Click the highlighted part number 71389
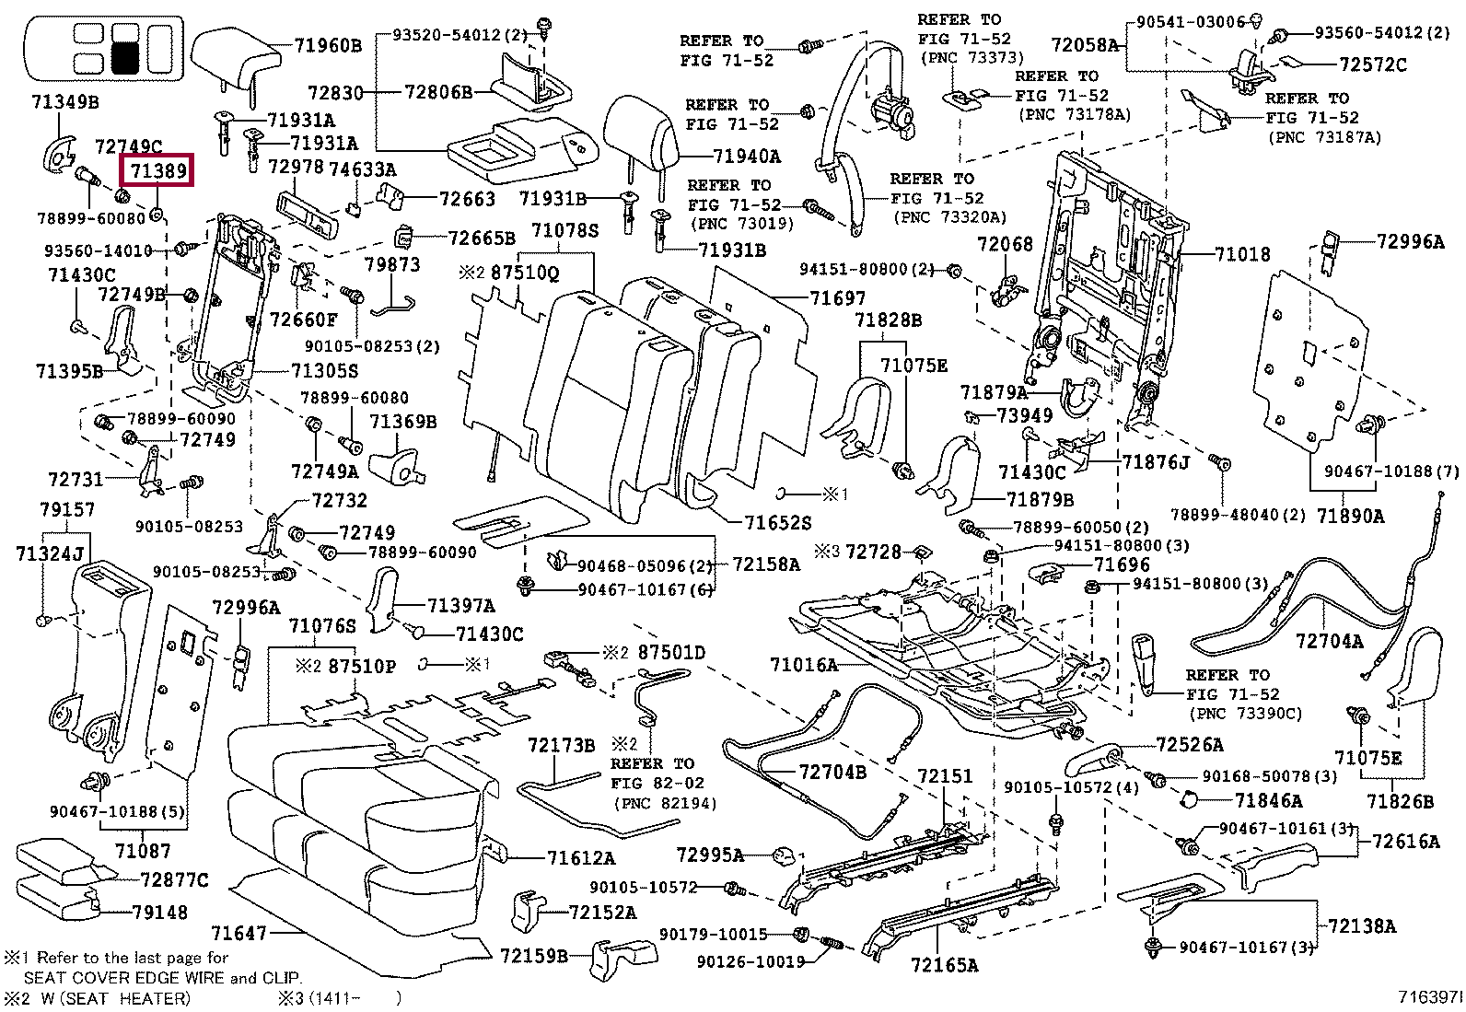[x=158, y=170]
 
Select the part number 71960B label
[x=328, y=45]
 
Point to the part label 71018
[x=1242, y=254]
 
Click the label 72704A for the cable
[x=1329, y=640]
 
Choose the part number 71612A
[x=581, y=858]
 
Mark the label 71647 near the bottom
[x=239, y=933]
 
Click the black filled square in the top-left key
[x=125, y=57]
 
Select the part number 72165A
[x=944, y=964]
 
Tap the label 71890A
[x=1350, y=516]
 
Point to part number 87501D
[x=671, y=653]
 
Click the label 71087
[x=143, y=850]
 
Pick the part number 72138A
[x=1362, y=925]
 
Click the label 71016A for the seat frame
[x=804, y=664]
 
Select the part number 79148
[x=159, y=912]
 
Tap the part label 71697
[x=838, y=297]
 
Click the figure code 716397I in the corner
[x=1429, y=997]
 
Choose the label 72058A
[x=1085, y=44]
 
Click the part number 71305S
[x=324, y=370]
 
